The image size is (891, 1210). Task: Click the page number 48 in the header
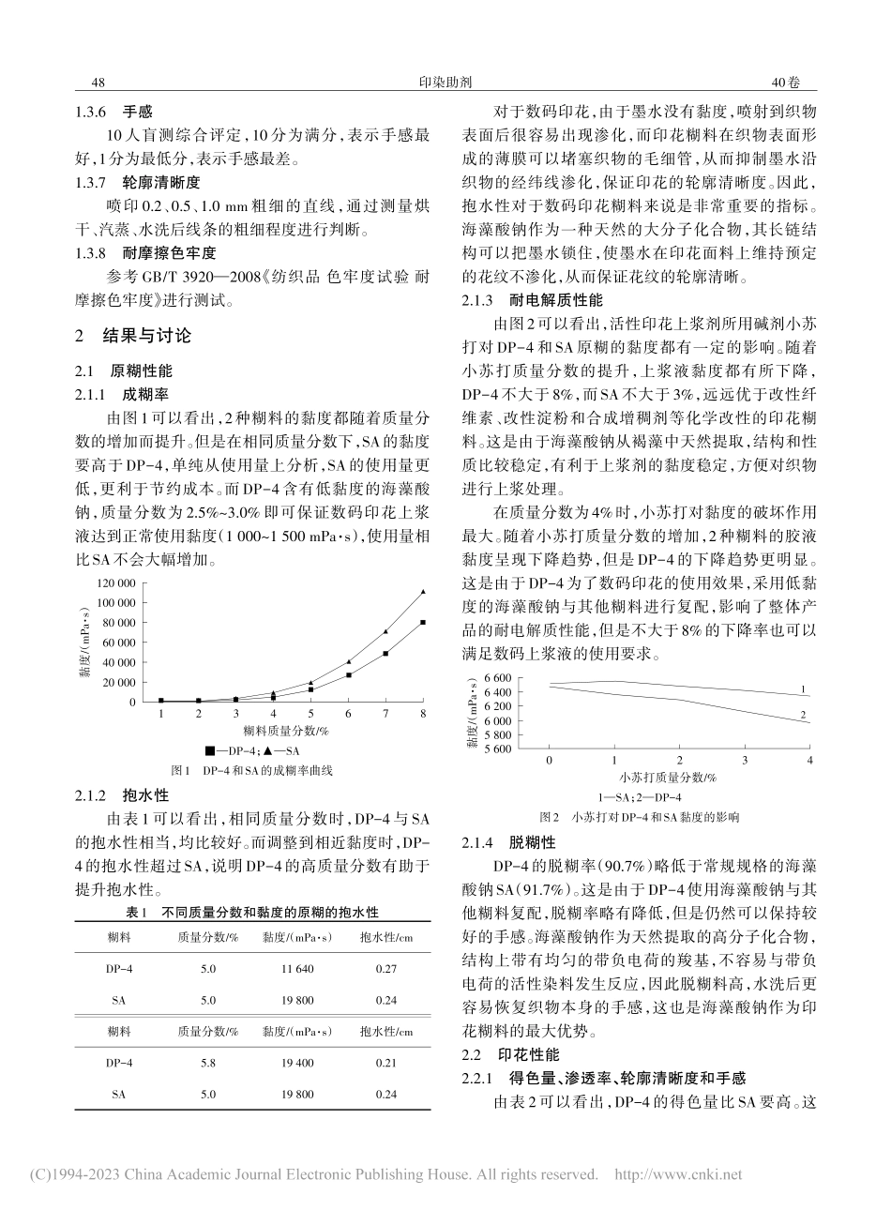pyautogui.click(x=85, y=82)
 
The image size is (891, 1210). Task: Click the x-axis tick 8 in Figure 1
pyautogui.click(x=423, y=714)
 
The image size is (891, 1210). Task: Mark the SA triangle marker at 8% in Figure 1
pyautogui.click(x=423, y=592)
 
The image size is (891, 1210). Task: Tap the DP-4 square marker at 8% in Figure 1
pyautogui.click(x=423, y=622)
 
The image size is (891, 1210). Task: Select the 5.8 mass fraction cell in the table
pyautogui.click(x=207, y=1063)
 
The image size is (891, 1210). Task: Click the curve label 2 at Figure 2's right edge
pyautogui.click(x=803, y=715)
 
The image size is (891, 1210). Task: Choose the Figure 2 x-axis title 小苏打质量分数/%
pyautogui.click(x=668, y=778)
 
